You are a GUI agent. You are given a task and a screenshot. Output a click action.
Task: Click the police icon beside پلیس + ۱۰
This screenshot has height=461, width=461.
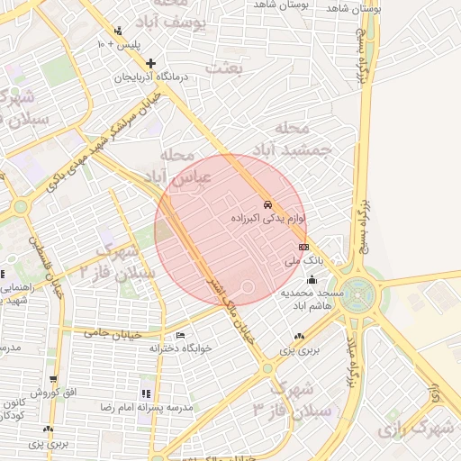point(102,42)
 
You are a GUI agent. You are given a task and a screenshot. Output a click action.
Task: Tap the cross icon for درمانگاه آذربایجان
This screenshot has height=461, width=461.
point(150,63)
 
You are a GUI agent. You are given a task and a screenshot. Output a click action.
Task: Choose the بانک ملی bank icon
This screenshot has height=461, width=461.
point(303,246)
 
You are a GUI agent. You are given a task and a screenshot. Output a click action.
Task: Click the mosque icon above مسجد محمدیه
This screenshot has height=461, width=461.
point(310,278)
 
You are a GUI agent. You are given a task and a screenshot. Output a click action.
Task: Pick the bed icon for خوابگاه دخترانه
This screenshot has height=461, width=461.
point(181,336)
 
